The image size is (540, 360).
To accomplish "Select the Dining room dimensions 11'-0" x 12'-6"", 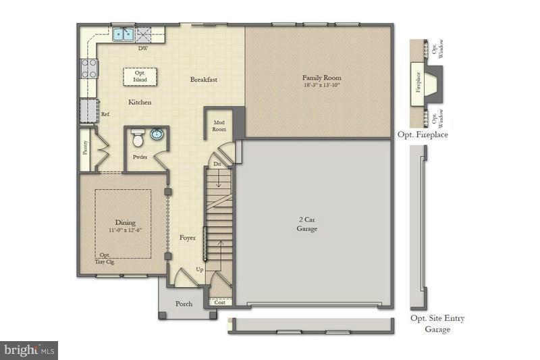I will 125,230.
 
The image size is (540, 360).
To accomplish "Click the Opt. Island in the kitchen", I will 140,76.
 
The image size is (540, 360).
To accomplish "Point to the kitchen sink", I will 122,33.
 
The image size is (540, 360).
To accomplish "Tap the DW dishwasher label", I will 143,49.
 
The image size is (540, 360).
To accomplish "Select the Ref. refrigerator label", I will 105,114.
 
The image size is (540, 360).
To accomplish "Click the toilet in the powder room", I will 138,139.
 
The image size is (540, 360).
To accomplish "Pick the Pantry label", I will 85,148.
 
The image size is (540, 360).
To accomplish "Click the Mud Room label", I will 219,126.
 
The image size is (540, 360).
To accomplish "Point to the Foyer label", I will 187,238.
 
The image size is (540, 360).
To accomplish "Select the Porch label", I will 184,304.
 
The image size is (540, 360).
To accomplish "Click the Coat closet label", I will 219,303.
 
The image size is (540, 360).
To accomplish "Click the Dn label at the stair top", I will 217,164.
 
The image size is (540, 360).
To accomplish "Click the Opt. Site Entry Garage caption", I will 437,324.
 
